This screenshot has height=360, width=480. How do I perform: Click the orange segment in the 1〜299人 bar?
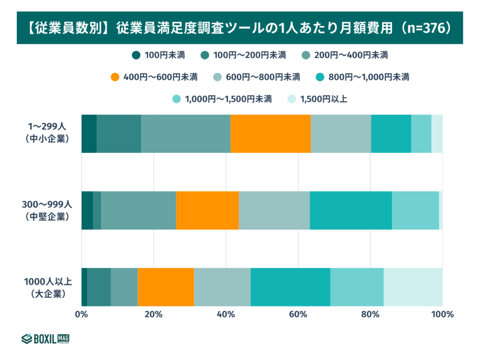[270, 134]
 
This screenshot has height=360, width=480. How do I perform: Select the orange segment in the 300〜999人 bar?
[207, 210]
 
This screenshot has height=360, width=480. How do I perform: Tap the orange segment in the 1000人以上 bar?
[165, 287]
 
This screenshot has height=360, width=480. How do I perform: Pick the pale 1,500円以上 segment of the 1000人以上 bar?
[413, 287]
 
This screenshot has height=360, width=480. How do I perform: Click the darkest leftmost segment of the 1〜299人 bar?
[89, 134]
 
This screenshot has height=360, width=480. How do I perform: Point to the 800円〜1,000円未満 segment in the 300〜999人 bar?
[351, 210]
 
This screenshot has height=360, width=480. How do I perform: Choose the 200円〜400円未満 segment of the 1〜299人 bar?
[186, 134]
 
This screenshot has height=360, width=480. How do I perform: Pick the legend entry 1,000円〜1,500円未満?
[222, 98]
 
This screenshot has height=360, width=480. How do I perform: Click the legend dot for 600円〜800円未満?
[218, 77]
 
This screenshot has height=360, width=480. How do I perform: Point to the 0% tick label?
[82, 314]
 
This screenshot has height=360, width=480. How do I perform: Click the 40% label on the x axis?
[226, 314]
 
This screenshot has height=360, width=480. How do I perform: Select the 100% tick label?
[442, 314]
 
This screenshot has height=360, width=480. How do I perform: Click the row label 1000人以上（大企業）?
[48, 287]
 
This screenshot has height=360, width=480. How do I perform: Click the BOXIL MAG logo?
[45, 338]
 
